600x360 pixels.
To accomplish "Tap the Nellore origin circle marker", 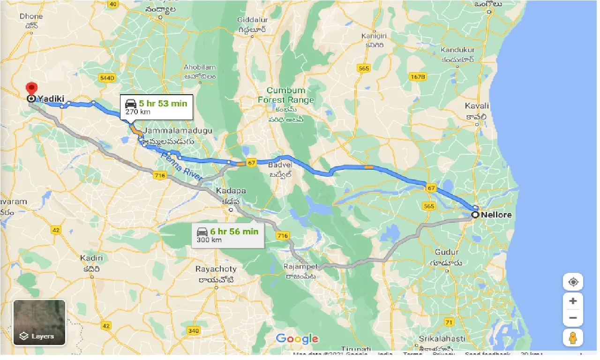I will tap(475, 215).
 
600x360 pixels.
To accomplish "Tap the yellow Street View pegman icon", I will tap(573, 337).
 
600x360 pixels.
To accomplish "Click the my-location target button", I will tap(573, 282).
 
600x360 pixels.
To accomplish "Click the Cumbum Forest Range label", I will tap(286, 95).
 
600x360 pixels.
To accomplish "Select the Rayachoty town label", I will tap(216, 270).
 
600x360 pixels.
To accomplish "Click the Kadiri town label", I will tap(88, 258).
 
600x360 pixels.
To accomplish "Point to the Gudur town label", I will tap(447, 252).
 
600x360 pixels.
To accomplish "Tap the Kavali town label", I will tap(477, 106).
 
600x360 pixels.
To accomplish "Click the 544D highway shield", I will tap(106, 77).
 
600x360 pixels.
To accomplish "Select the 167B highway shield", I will tap(417, 77).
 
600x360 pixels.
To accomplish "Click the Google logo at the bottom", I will tap(297, 338).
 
